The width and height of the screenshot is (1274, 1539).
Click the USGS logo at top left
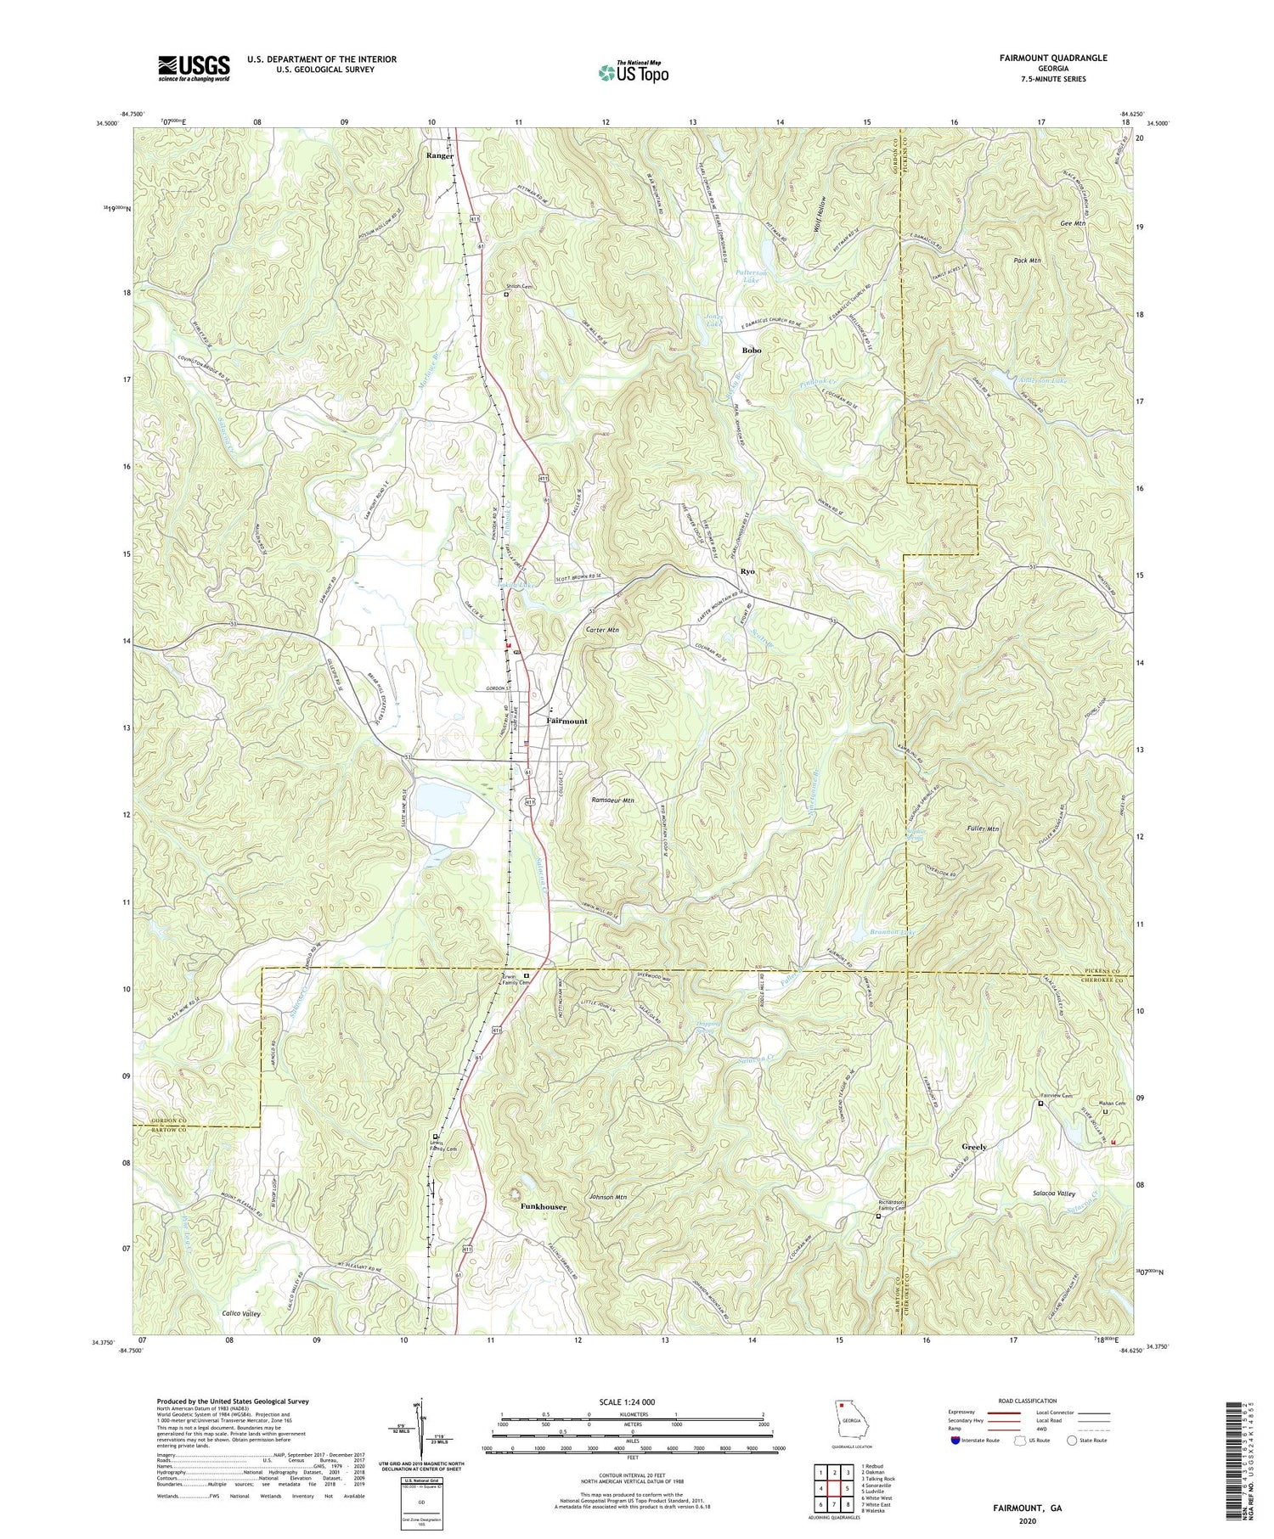(x=194, y=68)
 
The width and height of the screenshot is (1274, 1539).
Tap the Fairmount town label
(x=566, y=721)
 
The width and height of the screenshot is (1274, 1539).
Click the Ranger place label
(x=440, y=156)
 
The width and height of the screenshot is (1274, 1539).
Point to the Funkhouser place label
(x=544, y=1205)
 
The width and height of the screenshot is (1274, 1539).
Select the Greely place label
(x=974, y=1147)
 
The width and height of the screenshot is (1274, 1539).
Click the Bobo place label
(x=751, y=350)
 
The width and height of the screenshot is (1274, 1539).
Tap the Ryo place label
(x=747, y=571)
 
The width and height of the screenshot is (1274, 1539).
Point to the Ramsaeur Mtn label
(x=612, y=800)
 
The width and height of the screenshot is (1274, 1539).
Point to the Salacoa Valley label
(x=1048, y=1194)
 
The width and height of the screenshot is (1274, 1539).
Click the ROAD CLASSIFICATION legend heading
(x=1028, y=1401)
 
